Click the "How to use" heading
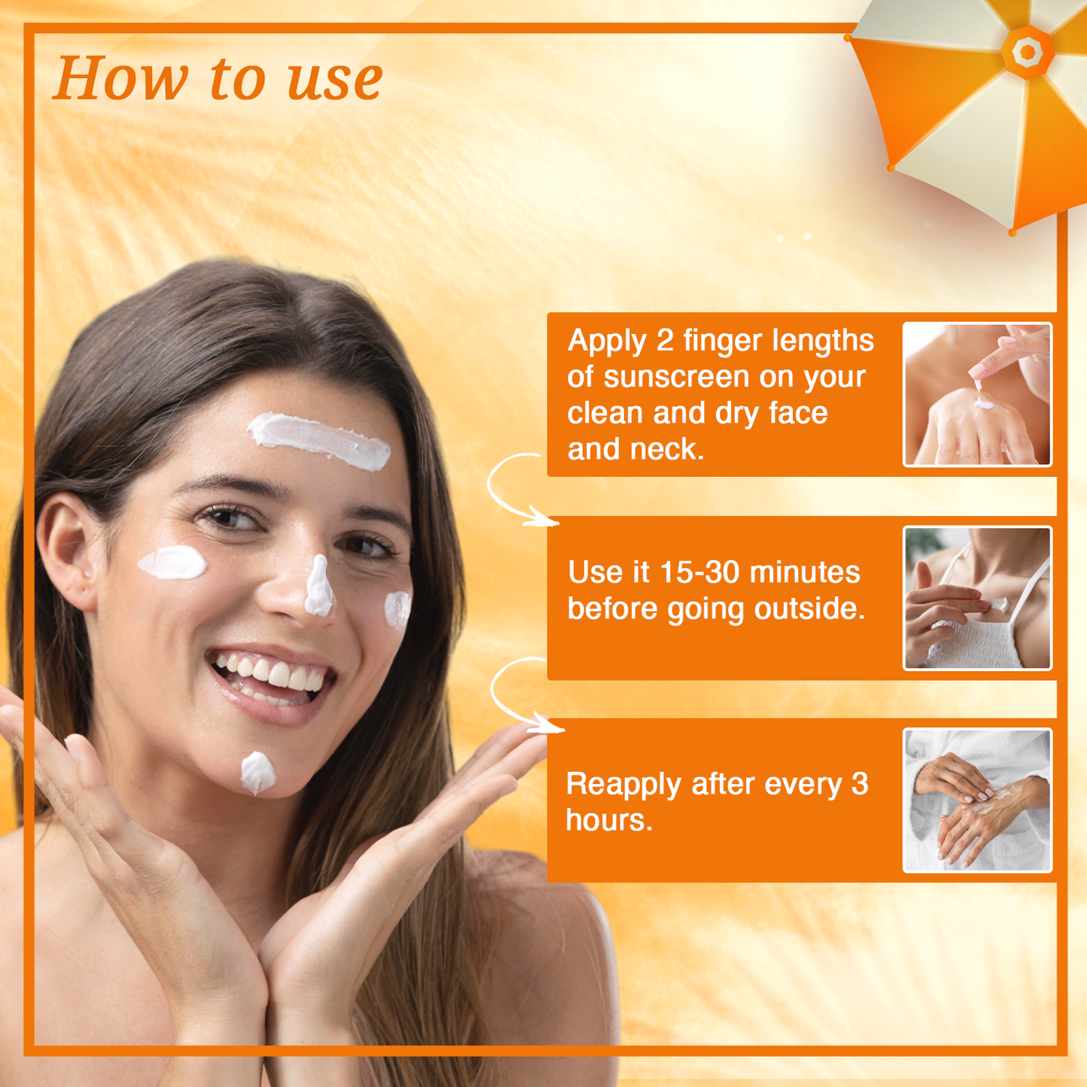218,78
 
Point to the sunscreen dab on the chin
257,773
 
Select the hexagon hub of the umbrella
1027,51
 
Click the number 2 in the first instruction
664,341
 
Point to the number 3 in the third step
860,784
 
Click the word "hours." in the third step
609,820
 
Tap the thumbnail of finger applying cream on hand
976,394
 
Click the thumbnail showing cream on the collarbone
976,597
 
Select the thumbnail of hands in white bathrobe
976,800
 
